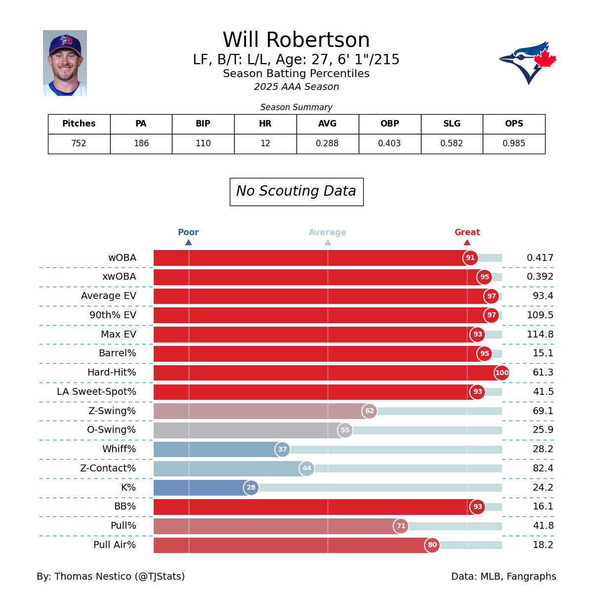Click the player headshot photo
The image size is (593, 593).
[65, 63]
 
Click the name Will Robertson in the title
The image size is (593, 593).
[296, 41]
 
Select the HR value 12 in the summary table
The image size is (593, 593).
[265, 144]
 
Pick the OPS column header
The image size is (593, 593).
[514, 124]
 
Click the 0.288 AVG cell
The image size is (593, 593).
[327, 144]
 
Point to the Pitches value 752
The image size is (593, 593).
[79, 144]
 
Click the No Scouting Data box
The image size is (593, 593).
[296, 192]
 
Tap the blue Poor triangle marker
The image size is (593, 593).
[188, 242]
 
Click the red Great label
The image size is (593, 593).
[467, 232]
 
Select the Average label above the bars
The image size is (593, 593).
[328, 232]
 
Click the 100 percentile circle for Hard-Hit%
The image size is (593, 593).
[502, 373]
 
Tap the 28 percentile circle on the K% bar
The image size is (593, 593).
[251, 488]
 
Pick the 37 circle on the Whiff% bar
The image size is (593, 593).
[282, 450]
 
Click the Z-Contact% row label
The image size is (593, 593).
[108, 468]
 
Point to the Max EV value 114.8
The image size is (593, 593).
[540, 335]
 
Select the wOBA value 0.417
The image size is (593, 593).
[540, 258]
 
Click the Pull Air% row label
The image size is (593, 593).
[115, 545]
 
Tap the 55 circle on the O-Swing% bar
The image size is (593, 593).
[345, 430]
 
